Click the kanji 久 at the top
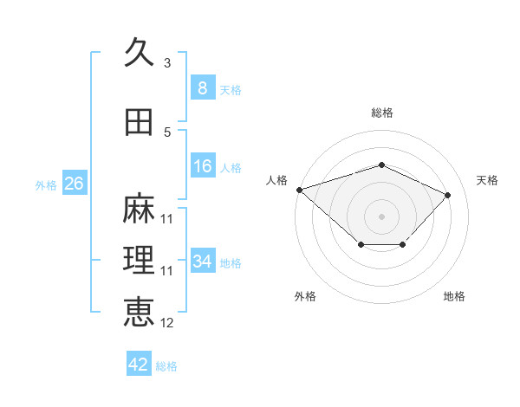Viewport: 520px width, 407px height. pos(139,52)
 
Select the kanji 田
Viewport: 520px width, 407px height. pos(139,122)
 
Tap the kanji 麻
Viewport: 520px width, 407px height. pos(139,208)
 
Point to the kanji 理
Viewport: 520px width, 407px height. pos(139,260)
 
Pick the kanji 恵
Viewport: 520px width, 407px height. pos(139,312)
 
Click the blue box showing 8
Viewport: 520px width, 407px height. pos(203,87)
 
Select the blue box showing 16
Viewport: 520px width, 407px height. pos(203,165)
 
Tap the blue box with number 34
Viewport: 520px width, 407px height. pos(203,260)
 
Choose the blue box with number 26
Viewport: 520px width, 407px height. pos(75,183)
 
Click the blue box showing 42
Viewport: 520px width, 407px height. pos(139,363)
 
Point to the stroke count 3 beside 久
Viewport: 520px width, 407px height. pos(167,63)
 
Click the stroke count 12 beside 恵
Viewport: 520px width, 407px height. pos(166,323)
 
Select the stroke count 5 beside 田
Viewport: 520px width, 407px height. pos(167,132)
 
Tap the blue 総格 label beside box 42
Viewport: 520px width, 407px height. pos(166,366)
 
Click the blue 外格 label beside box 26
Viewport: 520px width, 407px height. pos(46,185)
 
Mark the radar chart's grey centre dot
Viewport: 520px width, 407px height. pos(381,216)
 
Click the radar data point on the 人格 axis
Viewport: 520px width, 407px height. pos(300,190)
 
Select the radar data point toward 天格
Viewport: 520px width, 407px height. pos(447,195)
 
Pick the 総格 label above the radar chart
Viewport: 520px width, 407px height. pos(382,113)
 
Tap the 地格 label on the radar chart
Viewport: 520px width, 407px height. pos(454,296)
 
